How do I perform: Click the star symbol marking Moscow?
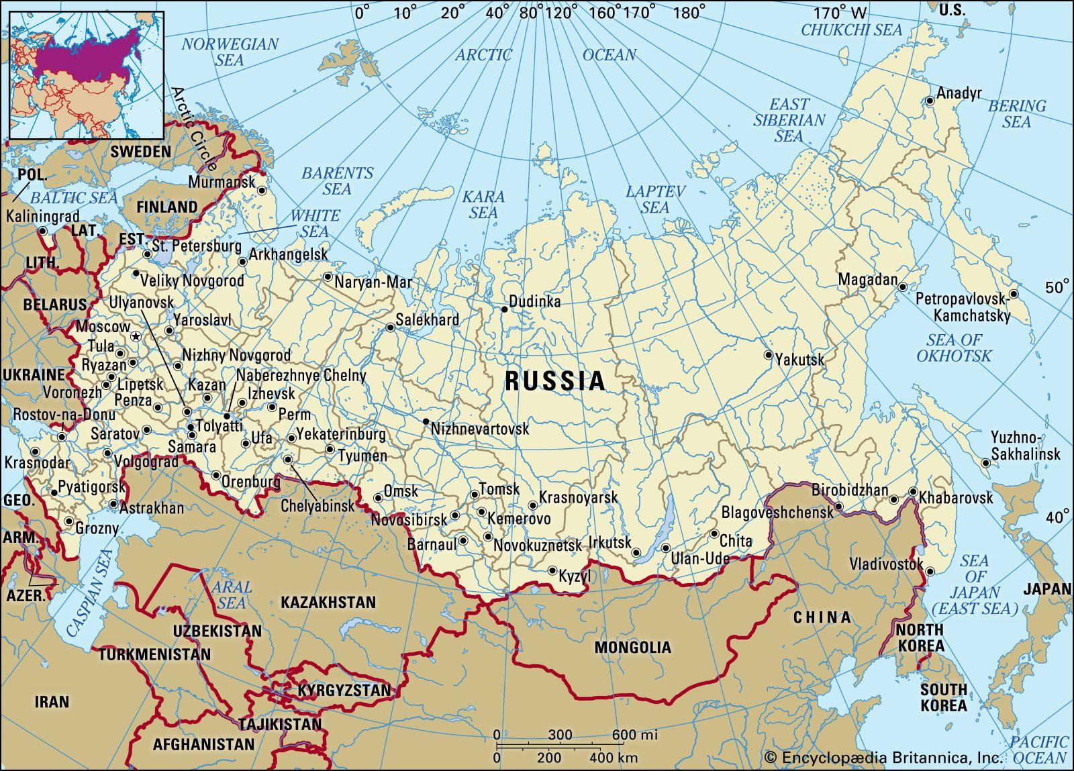135,337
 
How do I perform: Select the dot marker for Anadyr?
929,101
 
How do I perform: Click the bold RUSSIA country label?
555,381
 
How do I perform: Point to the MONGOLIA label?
632,648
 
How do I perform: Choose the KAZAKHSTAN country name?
328,602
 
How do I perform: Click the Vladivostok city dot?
930,572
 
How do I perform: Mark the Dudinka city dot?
504,309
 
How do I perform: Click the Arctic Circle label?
195,127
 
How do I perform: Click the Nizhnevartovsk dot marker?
426,421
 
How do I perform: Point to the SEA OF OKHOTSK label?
953,348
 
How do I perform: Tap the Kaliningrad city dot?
42,231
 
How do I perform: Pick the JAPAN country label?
1046,589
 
